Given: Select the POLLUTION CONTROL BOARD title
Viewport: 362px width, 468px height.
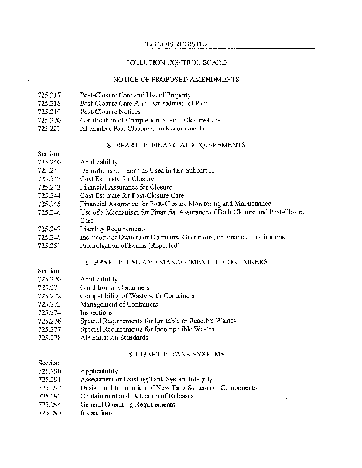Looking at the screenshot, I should point(176,62).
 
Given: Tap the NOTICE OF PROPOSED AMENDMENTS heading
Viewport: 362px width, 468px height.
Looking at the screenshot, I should point(176,79).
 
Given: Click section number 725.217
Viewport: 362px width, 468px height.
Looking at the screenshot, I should point(49,95).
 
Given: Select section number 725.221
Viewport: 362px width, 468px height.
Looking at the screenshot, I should point(49,128).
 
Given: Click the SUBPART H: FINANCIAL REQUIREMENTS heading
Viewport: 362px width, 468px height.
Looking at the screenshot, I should point(176,144).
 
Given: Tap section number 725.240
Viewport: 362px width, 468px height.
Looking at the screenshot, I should point(49,162).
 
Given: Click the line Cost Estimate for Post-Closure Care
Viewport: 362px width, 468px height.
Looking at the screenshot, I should point(132,195).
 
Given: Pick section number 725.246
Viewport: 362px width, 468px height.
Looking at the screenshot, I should point(49,212).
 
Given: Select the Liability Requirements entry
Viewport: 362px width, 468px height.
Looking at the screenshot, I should point(112,229).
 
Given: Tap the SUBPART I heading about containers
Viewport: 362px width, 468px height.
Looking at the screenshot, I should point(176,262).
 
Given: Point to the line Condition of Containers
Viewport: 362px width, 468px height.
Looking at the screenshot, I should point(114,288).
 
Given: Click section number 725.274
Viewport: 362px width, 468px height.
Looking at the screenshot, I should point(49,312).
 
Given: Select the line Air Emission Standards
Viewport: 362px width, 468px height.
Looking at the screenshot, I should point(114,338).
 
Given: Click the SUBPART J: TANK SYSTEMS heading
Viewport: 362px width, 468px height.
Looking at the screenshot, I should point(176,355).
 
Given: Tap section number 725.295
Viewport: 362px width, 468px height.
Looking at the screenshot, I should point(49,413).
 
